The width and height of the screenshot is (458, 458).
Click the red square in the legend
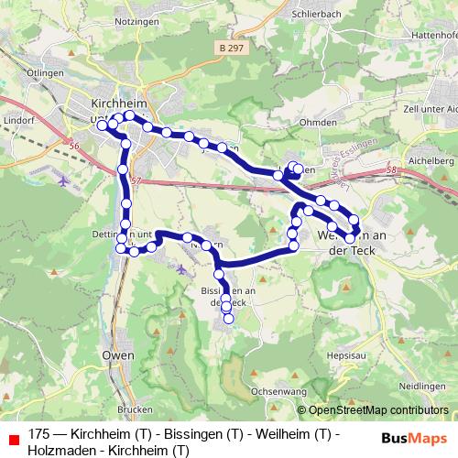point(14,435)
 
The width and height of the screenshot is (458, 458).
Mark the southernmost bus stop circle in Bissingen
point(228,319)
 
